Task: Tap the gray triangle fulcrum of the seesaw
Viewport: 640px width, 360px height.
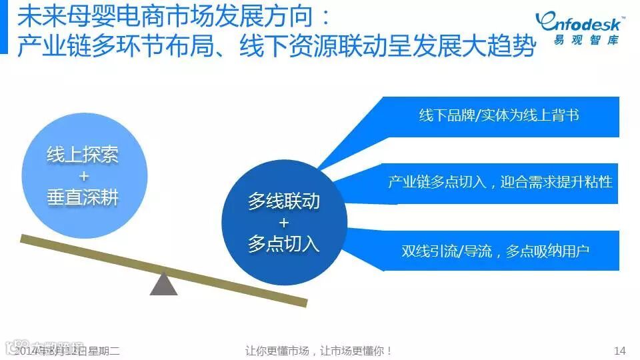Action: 163,283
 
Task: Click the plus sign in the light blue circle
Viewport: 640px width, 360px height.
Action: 83,177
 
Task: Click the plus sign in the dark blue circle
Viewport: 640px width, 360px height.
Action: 284,222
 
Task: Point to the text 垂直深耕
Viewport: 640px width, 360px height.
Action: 83,198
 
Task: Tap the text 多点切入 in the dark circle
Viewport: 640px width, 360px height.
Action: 284,243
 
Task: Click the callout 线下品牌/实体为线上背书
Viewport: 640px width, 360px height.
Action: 499,115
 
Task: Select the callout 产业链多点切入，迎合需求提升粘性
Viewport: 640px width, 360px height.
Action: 500,182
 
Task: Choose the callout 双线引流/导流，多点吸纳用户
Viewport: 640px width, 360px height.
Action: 495,251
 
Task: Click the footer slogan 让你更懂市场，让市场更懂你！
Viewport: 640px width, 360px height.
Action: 319,350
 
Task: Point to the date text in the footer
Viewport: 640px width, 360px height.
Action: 67,350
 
